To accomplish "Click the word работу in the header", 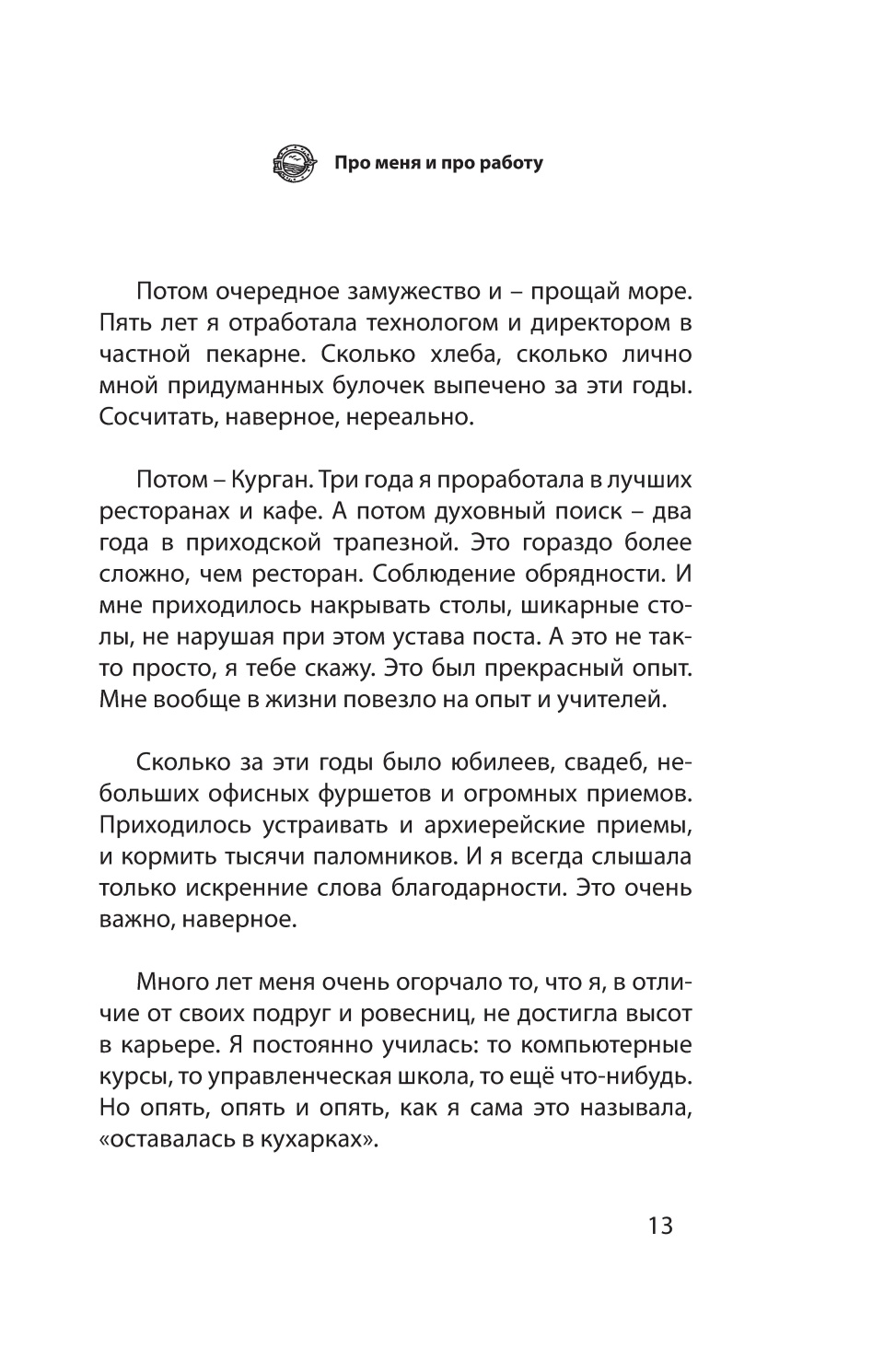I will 511,164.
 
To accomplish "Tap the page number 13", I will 660,1227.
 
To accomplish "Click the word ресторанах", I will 162,512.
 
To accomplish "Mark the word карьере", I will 163,1046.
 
